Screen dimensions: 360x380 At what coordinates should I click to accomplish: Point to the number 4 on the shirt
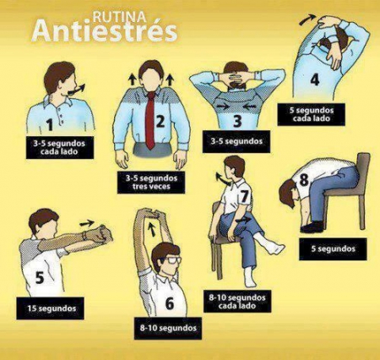(x=314, y=80)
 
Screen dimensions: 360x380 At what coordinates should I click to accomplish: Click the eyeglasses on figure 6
(x=168, y=261)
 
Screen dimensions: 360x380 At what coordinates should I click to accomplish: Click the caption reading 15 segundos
(x=52, y=309)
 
